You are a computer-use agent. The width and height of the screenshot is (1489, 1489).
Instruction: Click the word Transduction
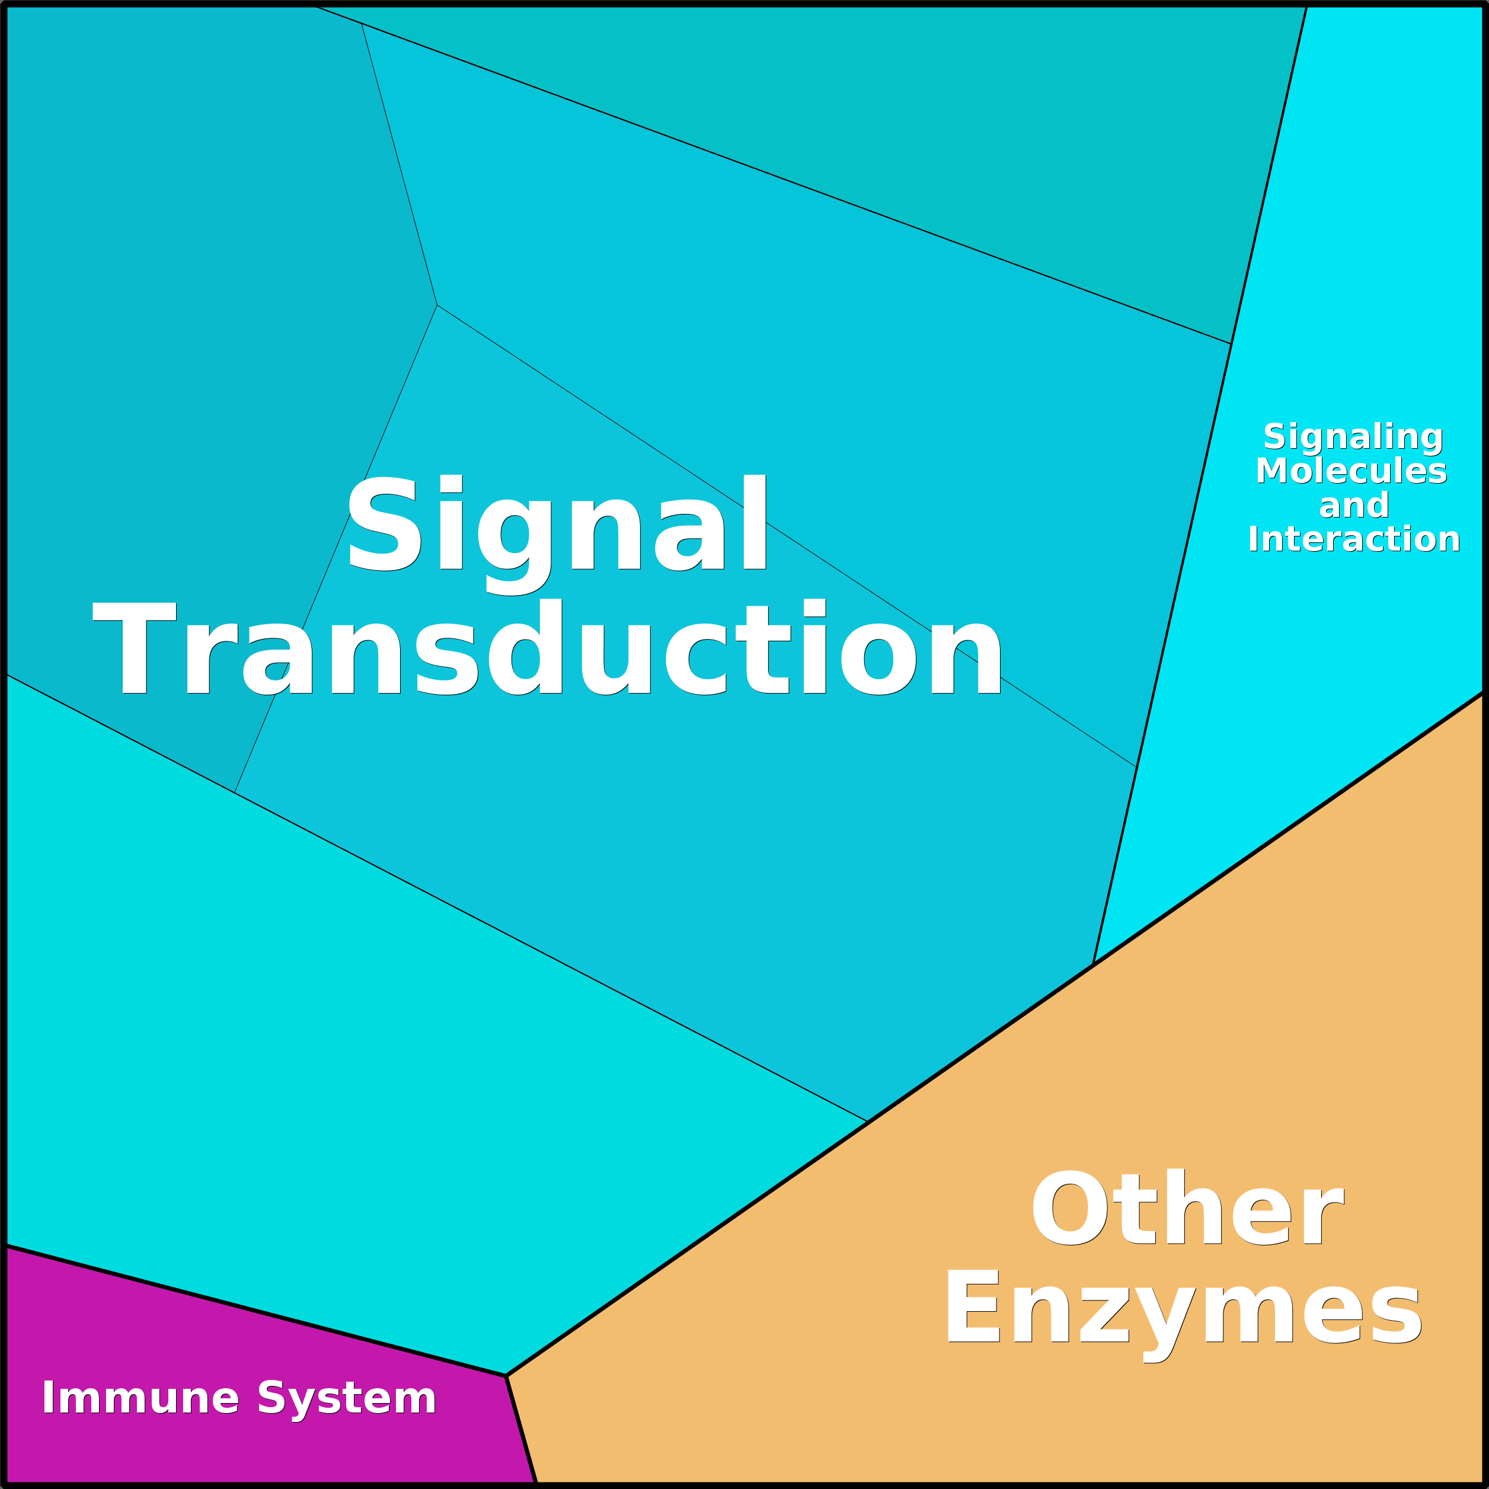[x=547, y=647]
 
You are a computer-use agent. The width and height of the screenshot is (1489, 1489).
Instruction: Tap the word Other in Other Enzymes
[x=1188, y=1207]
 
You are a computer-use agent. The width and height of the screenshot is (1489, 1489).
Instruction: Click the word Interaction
[x=1353, y=539]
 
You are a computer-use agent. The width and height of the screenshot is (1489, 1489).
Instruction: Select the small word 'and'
[x=1354, y=506]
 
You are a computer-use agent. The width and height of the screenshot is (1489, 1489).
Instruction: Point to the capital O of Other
[x=1070, y=1207]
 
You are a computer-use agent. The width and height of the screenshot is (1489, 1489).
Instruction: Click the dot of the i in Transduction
[x=814, y=608]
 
